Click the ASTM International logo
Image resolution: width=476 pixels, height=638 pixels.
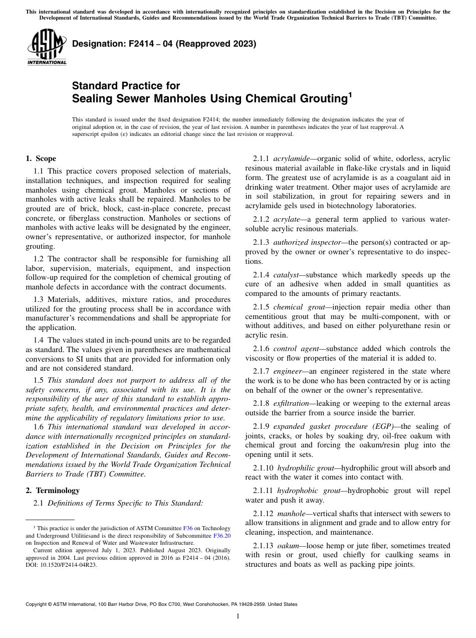(46, 47)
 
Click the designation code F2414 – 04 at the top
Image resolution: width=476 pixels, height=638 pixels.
(164, 44)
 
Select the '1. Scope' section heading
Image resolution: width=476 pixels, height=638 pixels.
(41, 158)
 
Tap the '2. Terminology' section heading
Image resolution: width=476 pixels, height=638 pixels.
(53, 490)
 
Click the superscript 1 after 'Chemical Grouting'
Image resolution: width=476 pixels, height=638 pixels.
(350, 93)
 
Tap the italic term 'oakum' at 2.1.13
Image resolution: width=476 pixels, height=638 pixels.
(287, 545)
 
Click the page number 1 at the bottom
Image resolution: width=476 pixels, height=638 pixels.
(237, 616)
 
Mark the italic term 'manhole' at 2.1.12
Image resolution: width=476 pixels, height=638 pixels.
(289, 513)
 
